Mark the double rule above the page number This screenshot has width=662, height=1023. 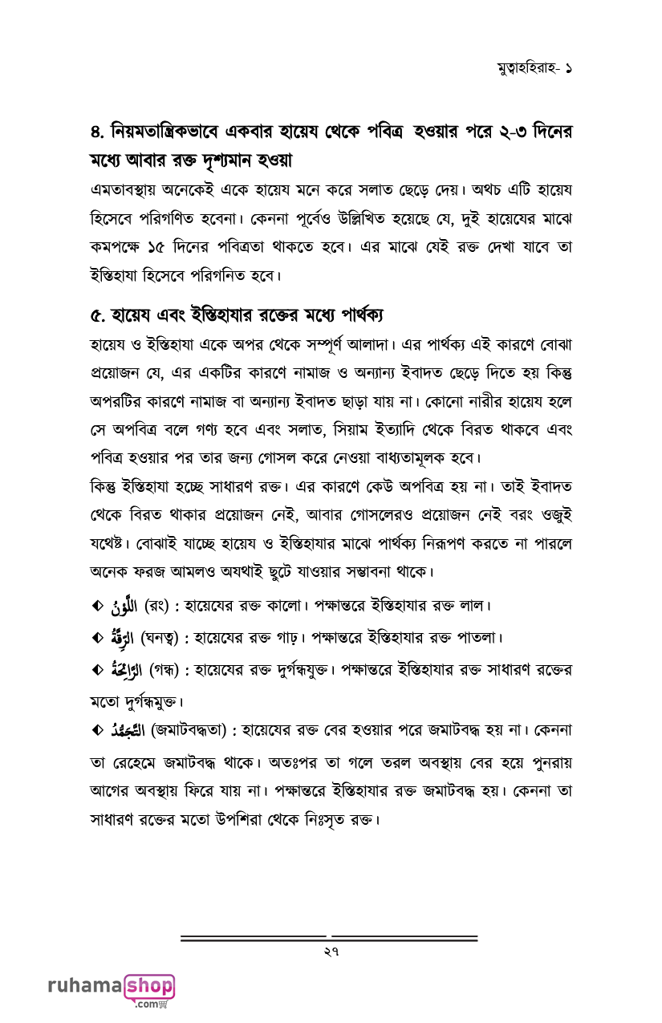329,937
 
